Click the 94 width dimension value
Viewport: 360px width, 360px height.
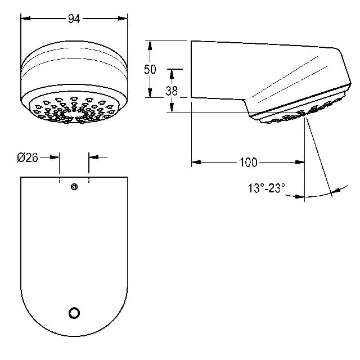coord(74,19)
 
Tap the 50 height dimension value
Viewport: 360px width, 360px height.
coord(150,69)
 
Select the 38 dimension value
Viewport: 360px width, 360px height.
coord(172,91)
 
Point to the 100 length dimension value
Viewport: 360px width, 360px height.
coord(248,163)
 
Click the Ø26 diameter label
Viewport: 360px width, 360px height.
coord(28,157)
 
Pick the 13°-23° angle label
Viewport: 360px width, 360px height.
coord(267,188)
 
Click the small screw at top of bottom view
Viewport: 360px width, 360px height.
coord(74,187)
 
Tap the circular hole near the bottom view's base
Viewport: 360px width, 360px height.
coord(74,313)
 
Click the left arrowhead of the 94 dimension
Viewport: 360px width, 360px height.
coord(25,19)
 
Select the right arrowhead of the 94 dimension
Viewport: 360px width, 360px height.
coord(123,19)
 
